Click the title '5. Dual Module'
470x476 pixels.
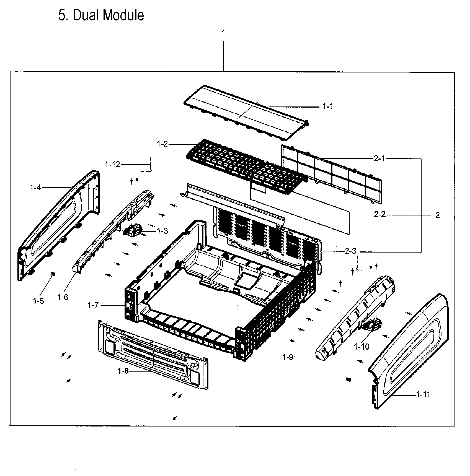(101, 15)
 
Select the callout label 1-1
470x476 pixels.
(328, 106)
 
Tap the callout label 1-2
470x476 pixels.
(162, 144)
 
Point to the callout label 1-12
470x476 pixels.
(112, 165)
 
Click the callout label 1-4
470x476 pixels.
(35, 188)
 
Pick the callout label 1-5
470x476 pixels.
(38, 301)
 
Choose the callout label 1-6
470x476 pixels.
(63, 297)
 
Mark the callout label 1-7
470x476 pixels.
(93, 305)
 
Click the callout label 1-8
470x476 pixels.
(123, 371)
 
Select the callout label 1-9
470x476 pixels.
(288, 357)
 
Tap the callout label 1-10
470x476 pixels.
(361, 346)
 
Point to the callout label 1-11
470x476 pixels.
(423, 394)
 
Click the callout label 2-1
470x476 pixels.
(379, 158)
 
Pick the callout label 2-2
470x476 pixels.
(379, 215)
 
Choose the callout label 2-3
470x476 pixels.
(351, 251)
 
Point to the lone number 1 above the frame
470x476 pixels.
(223, 33)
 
